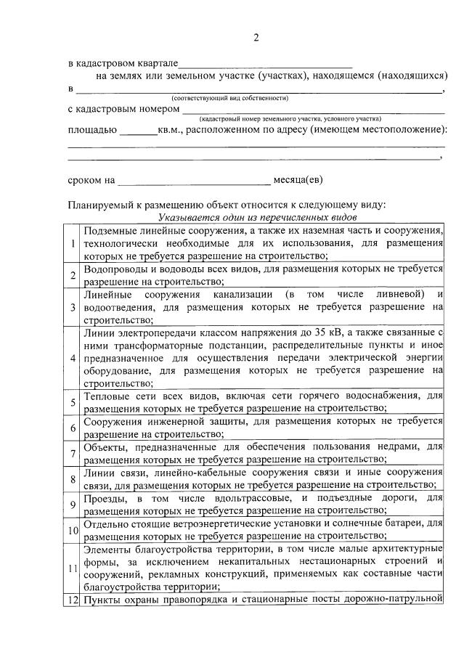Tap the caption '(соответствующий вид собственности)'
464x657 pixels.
click(x=230, y=97)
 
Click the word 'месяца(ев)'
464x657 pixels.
click(x=298, y=179)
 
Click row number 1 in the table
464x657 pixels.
click(x=73, y=242)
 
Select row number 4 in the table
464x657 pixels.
click(x=73, y=359)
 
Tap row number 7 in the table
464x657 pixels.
click(x=73, y=454)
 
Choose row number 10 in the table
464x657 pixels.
click(x=73, y=530)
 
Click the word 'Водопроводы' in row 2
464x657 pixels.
click(x=116, y=269)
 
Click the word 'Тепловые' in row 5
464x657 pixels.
click(x=109, y=396)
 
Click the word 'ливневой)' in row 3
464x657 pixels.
click(x=399, y=294)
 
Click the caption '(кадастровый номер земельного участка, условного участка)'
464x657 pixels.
click(x=290, y=118)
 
